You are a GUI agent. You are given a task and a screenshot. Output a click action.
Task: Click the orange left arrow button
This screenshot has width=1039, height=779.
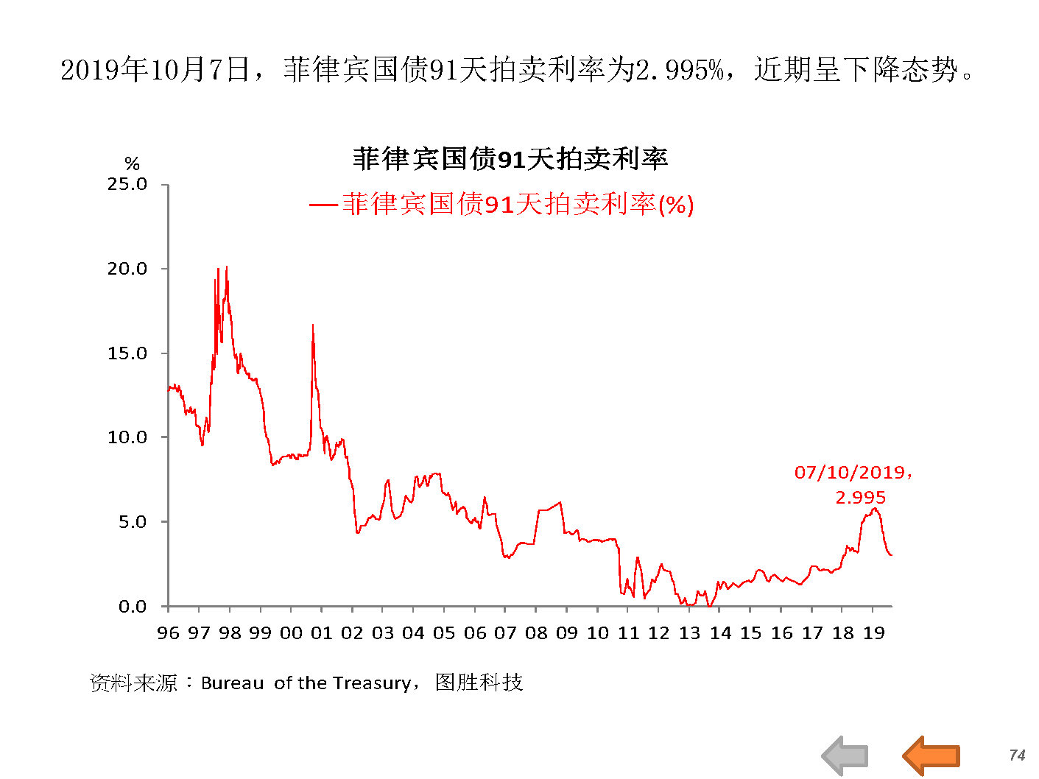931,755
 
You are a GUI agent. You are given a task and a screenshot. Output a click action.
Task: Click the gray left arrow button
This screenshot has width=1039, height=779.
845,755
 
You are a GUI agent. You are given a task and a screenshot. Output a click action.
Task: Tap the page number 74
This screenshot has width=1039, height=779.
1017,755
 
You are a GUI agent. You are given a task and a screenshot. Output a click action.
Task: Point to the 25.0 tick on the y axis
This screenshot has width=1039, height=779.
127,184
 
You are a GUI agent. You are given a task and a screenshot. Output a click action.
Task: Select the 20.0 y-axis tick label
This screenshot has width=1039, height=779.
127,269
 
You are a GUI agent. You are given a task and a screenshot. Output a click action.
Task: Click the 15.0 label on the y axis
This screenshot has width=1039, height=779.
127,353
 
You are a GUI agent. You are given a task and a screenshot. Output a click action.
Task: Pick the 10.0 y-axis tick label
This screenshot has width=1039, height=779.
127,437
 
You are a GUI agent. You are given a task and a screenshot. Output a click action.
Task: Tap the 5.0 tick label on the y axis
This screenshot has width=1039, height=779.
132,522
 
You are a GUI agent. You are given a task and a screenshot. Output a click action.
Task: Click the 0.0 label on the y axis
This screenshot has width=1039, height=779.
132,607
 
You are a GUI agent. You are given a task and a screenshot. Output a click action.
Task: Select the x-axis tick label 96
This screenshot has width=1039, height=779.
168,633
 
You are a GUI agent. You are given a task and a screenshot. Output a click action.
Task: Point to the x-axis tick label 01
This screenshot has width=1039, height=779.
322,633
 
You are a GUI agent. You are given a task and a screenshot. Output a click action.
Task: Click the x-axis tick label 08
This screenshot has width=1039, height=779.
536,633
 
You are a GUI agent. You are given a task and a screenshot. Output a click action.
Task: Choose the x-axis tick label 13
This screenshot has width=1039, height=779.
689,633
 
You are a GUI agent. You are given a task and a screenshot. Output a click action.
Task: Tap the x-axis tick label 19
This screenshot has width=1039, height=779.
873,633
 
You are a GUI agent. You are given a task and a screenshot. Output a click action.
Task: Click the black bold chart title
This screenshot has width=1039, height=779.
510,159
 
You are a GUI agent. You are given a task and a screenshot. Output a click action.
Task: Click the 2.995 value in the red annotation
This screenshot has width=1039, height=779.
860,498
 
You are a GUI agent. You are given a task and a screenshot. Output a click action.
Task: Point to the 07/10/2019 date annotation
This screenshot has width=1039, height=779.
850,473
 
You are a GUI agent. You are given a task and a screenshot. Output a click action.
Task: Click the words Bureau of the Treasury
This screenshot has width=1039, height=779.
306,683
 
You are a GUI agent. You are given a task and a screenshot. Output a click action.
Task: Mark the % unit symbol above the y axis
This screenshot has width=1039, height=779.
132,163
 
